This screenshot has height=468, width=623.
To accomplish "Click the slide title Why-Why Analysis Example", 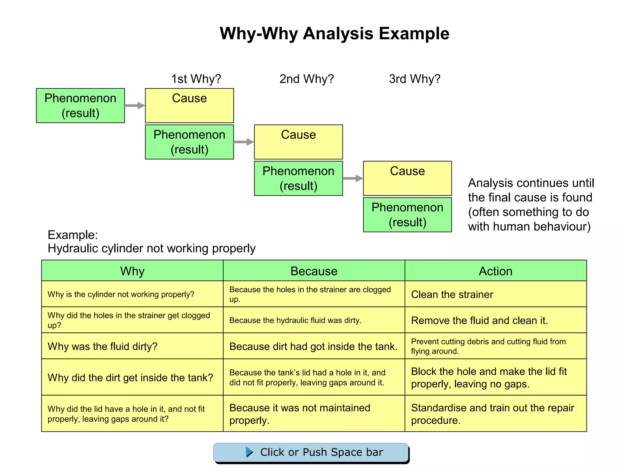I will [x=334, y=34].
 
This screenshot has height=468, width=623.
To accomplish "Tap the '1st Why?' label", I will [x=196, y=79].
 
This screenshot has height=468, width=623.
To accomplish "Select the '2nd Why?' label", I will [x=307, y=79].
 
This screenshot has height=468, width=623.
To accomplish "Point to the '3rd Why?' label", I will [x=415, y=79].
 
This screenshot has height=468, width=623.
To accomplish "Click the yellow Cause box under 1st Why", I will [x=189, y=105].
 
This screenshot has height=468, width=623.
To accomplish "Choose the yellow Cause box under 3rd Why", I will [x=407, y=178].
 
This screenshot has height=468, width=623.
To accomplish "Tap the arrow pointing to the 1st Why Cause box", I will [x=135, y=106].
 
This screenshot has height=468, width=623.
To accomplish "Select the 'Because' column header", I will [x=314, y=271].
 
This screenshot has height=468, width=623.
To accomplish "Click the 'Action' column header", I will [x=496, y=271].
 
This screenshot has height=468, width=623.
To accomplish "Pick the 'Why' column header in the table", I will [x=132, y=271].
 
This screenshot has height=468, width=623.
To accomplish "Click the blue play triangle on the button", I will [x=249, y=452].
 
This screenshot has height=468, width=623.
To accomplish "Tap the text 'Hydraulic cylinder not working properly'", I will [x=151, y=248].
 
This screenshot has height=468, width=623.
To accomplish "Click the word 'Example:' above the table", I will [x=73, y=235].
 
